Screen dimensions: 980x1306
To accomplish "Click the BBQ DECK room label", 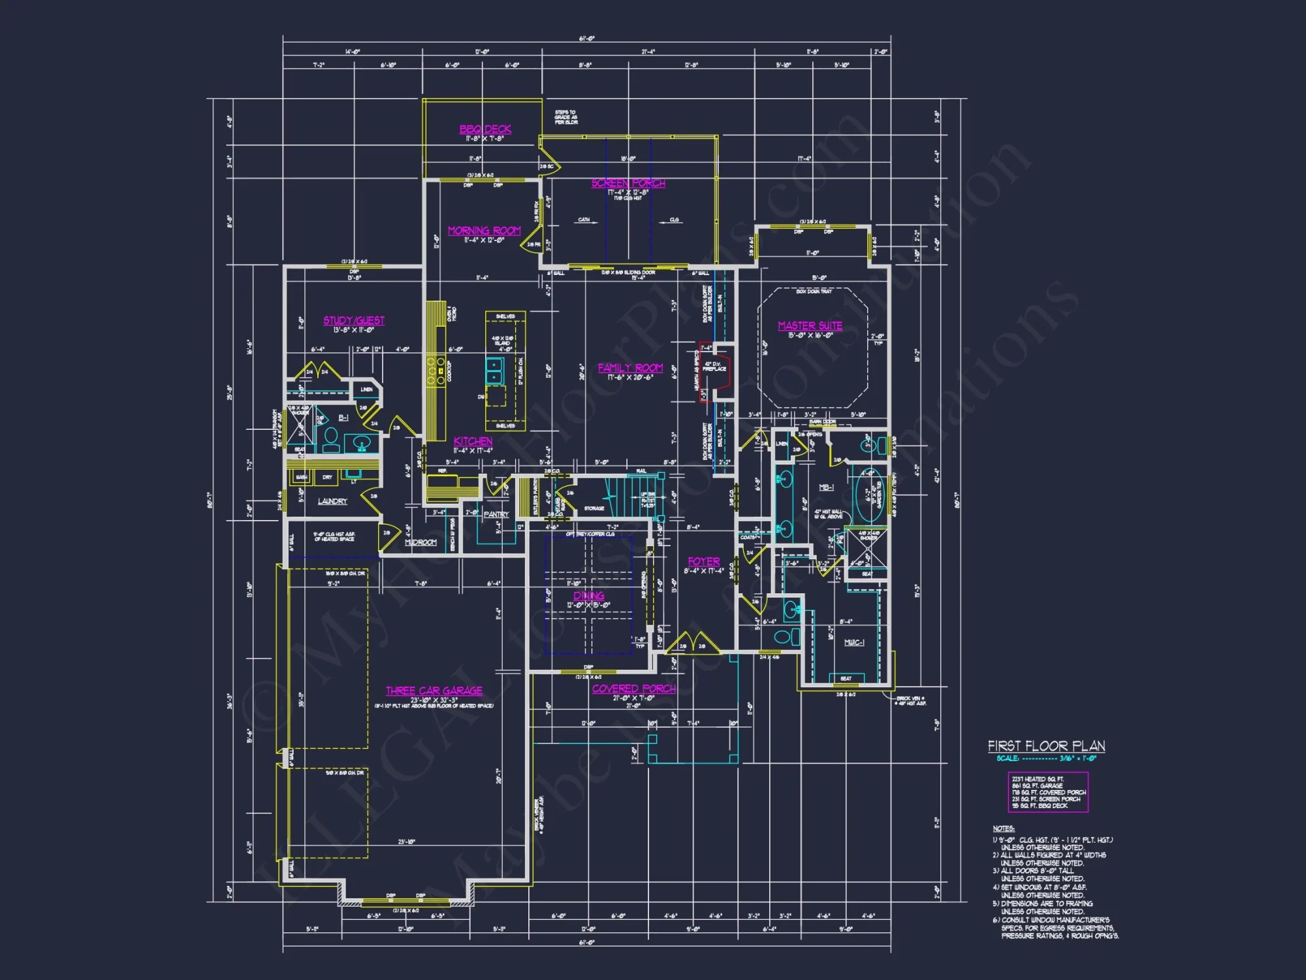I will coord(485,129).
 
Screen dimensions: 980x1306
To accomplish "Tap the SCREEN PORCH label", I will coord(628,183).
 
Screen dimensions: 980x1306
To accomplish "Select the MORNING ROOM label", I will coord(484,231).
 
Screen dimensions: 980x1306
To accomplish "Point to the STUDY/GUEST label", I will coord(354,320).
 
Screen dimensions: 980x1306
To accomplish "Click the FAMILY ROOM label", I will coord(630,368).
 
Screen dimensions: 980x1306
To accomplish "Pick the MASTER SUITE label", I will coord(810,325).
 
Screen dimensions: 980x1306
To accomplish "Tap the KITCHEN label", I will coord(473,441).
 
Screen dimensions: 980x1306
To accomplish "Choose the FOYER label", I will coord(703,561).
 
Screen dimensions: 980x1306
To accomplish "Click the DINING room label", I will coord(588,595).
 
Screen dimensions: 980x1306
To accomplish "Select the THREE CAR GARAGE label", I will coord(434,691).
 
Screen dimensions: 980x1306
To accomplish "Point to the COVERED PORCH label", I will coord(633,689).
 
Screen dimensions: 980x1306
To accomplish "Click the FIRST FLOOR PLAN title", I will coord(1046,745).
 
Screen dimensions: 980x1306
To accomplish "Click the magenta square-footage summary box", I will coord(1048,792).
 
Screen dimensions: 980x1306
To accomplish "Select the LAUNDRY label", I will coord(332,501).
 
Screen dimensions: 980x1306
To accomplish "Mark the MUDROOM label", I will coord(421,542).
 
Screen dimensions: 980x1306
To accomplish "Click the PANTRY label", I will coord(496,514).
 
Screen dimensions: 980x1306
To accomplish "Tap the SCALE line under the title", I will coord(1046,759).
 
